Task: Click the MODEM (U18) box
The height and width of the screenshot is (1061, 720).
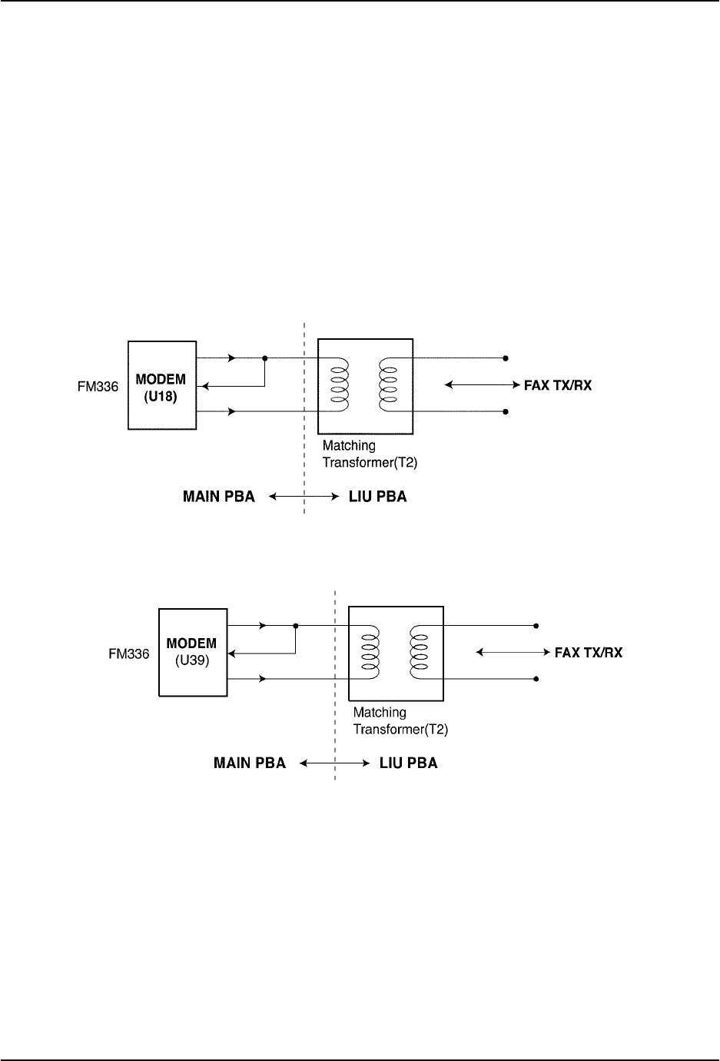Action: click(x=161, y=384)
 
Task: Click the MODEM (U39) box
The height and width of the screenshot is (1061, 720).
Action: click(x=192, y=652)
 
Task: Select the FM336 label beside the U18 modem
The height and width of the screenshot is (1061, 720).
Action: click(x=99, y=387)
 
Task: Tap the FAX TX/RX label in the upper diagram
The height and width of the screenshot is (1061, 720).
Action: click(x=558, y=385)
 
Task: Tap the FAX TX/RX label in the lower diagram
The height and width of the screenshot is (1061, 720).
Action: click(x=589, y=653)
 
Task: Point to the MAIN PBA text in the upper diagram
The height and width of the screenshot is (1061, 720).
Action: click(x=218, y=497)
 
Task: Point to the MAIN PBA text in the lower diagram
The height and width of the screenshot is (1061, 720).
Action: click(x=249, y=763)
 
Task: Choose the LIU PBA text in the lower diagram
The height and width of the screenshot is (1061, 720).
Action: click(x=408, y=763)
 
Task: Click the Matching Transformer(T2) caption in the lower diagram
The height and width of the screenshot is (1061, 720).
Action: click(x=400, y=721)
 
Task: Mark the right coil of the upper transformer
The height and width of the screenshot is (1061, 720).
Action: click(x=389, y=384)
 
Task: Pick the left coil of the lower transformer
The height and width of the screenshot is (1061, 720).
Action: click(x=370, y=652)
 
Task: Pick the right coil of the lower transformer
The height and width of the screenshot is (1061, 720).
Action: click(x=420, y=652)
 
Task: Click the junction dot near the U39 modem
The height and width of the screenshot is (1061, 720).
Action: click(x=296, y=626)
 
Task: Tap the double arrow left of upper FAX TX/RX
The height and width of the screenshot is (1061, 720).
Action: click(x=479, y=384)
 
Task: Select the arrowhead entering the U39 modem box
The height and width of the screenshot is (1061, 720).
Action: click(x=233, y=653)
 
